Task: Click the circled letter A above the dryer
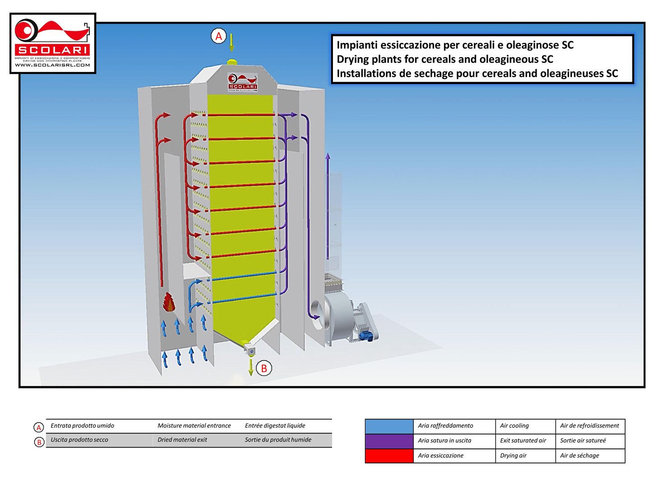(219, 36)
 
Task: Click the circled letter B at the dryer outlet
(264, 368)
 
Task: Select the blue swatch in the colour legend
(389, 426)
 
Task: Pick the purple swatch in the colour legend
(389, 441)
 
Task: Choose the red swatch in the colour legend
(389, 456)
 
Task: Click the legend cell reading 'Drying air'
(513, 456)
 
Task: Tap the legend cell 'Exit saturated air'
(523, 441)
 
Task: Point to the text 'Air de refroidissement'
(589, 426)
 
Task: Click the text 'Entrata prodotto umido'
(82, 426)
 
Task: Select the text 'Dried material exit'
(182, 440)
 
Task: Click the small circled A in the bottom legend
(39, 428)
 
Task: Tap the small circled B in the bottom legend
(39, 442)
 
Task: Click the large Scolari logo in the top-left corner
(52, 43)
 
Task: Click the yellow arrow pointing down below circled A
(231, 43)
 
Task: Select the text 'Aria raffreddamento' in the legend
(445, 426)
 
